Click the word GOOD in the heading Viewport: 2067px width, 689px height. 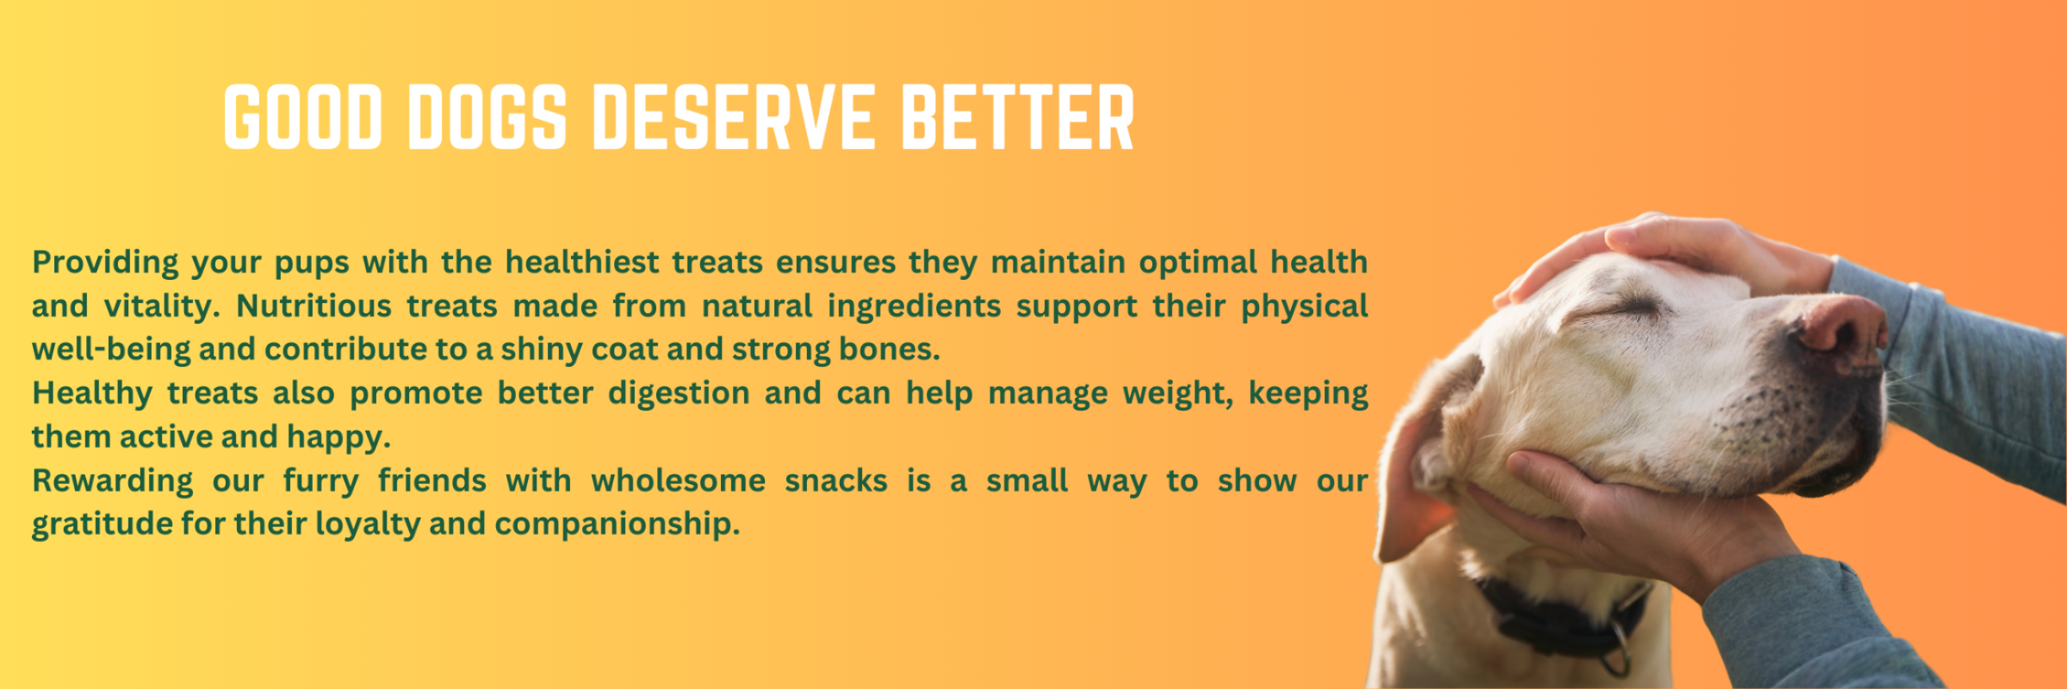(x=302, y=117)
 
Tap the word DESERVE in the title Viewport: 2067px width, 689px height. (x=734, y=117)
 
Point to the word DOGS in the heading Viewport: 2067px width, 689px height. (x=487, y=117)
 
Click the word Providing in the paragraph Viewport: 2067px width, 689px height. (x=105, y=263)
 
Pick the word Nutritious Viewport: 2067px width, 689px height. (x=313, y=306)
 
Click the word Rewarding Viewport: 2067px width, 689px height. (x=112, y=482)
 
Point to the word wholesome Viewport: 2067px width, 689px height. (x=678, y=481)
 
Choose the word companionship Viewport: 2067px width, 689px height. (x=617, y=526)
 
